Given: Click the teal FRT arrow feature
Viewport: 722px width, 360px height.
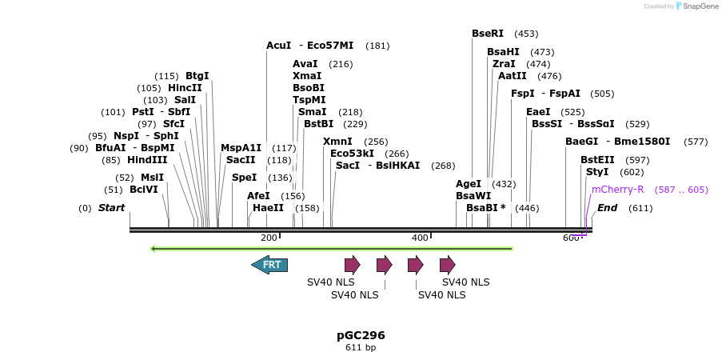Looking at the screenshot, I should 269,265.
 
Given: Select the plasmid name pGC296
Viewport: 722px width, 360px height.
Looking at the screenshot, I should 361,335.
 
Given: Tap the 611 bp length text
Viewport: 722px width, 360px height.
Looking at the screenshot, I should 361,348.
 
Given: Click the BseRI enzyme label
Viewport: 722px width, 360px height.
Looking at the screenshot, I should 488,34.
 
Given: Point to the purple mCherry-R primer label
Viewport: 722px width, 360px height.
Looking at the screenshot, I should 617,190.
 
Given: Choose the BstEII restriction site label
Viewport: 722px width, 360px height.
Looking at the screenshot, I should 597,160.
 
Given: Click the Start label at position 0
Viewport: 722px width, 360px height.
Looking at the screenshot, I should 111,208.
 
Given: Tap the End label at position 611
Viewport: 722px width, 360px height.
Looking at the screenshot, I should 607,208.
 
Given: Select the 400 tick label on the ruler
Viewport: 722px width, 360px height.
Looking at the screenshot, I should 420,238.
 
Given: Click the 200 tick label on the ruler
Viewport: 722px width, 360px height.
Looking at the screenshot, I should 269,238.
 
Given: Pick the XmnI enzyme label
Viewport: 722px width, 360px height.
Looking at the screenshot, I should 337,142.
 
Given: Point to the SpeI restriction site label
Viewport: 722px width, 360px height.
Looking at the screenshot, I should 244,178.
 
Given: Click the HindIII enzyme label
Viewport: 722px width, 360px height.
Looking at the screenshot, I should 147,160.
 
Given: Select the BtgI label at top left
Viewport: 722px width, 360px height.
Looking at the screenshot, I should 197,76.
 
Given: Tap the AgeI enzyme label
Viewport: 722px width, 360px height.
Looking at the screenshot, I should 469,184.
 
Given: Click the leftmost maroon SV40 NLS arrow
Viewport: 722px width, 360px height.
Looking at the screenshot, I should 352,265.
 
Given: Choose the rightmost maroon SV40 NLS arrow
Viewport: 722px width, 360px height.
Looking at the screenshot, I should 447,265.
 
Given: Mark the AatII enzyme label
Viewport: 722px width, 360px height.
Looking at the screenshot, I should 513,76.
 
